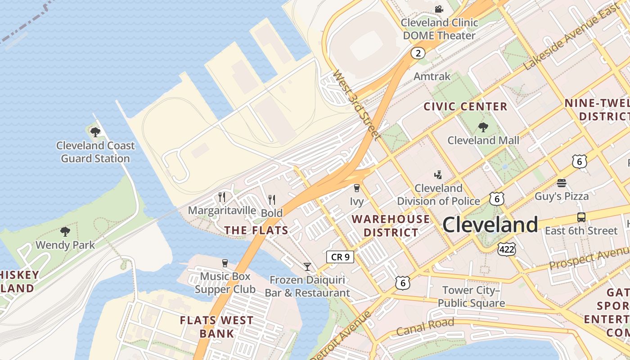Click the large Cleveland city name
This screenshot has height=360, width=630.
pos(490,225)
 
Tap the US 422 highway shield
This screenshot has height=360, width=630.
pos(506,249)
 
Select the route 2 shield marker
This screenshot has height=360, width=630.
pos(418,54)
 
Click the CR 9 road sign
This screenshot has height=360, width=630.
pos(340,257)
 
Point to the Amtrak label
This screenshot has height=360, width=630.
pos(432,76)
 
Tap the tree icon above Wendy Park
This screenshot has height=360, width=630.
pos(65,232)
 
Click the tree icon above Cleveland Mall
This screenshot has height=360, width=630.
pos(483,127)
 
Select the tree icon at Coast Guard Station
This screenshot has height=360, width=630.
pos(95,132)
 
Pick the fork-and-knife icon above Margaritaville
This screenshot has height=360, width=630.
pos(221,197)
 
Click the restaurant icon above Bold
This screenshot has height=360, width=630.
pos(272,199)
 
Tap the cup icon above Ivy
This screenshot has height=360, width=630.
pos(357,188)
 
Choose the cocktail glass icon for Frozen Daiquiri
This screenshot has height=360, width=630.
pos(307,267)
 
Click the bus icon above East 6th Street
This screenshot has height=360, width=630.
pos(581,217)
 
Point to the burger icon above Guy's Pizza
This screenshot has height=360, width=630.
pos(561,183)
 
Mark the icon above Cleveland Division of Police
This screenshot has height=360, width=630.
pos(438,175)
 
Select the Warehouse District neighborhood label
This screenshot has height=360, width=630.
pos(391,226)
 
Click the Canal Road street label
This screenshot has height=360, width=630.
pos(425,327)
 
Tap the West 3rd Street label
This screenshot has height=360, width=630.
pos(357,105)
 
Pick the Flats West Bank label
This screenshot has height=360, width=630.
pos(216,327)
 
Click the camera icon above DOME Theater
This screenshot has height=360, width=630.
pos(439,9)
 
